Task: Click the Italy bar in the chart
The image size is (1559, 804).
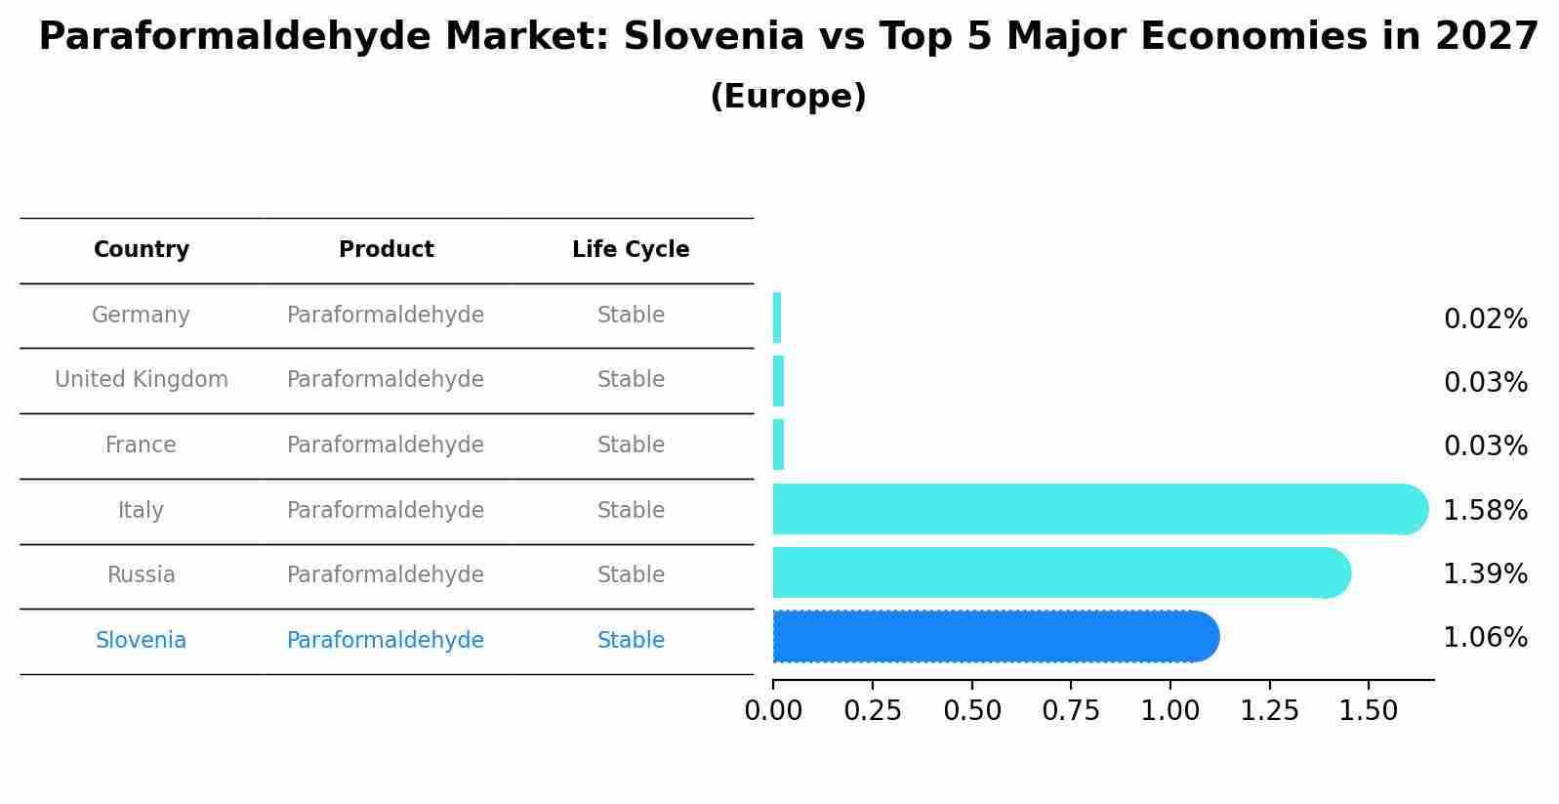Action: click(1093, 509)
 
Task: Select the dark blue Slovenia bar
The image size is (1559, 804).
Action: click(991, 637)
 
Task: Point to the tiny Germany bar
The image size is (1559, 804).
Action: click(777, 317)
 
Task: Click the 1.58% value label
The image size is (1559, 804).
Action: click(1485, 511)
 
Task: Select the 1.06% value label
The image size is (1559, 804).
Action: click(1485, 638)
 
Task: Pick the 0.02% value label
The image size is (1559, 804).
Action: click(1485, 319)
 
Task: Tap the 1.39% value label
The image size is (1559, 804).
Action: click(1485, 574)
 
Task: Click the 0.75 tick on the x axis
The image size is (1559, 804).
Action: click(1071, 711)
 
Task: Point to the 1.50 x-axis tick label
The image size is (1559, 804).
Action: click(1369, 711)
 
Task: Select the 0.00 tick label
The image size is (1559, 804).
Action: click(773, 711)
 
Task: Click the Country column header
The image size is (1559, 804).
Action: click(142, 250)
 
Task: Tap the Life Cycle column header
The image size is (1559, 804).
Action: click(631, 250)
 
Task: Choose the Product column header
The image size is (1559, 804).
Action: click(386, 250)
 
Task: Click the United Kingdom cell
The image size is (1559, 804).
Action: click(142, 380)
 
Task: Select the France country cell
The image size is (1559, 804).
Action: click(141, 445)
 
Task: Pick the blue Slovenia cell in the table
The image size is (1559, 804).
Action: click(141, 641)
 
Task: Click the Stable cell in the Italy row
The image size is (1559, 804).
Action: click(631, 511)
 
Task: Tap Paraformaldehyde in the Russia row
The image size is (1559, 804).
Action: click(386, 575)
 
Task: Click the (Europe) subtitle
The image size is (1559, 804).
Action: click(788, 97)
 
